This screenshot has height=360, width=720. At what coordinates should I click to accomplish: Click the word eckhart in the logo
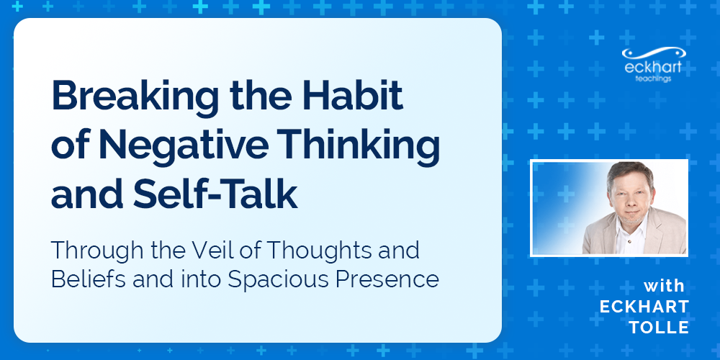(652, 67)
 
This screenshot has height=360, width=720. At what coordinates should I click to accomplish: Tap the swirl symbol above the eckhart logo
(654, 53)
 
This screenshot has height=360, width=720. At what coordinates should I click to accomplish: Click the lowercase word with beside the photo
(665, 286)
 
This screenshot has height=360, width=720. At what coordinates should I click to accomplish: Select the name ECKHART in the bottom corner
(644, 307)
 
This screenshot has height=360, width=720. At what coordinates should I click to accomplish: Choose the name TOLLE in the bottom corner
(659, 328)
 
